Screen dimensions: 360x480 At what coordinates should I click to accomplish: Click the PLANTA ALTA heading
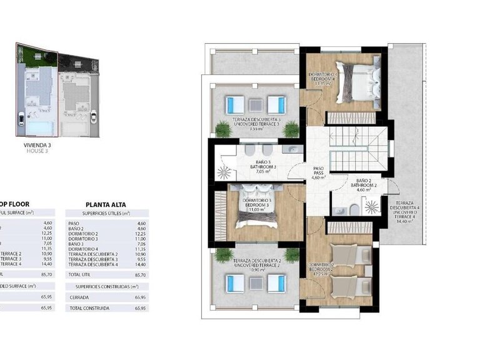(107, 203)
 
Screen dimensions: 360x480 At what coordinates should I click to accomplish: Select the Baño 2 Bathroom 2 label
(362, 184)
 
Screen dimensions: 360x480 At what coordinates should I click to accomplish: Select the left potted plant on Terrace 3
(222, 129)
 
